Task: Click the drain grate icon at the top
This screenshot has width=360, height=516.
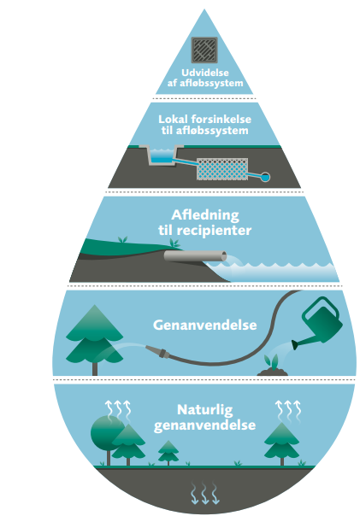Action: tap(204, 50)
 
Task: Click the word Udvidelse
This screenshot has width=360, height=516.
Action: tap(205, 73)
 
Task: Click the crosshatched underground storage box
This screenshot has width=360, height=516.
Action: tap(222, 169)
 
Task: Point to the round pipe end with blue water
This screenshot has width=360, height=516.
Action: tap(265, 177)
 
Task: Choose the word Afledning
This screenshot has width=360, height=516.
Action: tap(205, 215)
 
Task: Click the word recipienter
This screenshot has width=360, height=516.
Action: tap(214, 231)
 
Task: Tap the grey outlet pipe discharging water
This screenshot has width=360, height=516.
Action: tap(195, 255)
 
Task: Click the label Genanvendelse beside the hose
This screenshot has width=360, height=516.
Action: tap(205, 325)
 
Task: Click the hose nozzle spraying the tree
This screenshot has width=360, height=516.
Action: tap(157, 352)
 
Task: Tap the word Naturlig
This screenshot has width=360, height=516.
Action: tap(205, 410)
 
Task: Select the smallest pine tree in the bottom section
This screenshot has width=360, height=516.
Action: tap(168, 453)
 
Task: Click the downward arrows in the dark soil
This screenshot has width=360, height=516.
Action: tap(205, 493)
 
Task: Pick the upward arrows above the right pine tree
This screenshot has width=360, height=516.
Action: tap(288, 411)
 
